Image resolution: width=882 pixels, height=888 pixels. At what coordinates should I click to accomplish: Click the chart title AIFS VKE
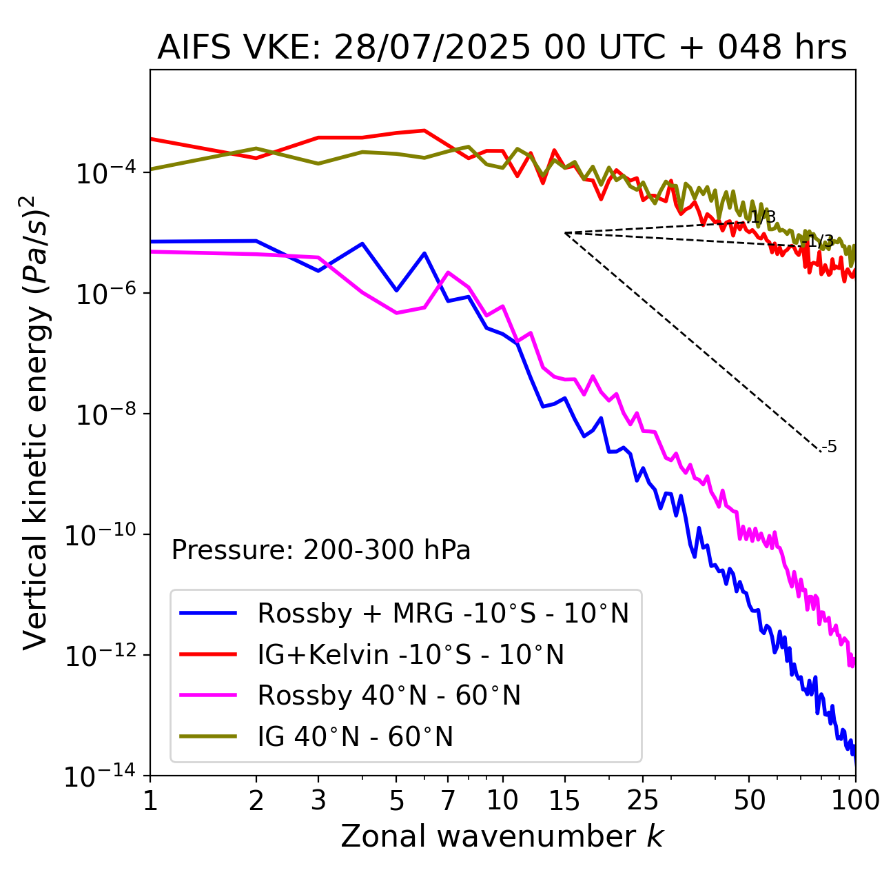pos(502,48)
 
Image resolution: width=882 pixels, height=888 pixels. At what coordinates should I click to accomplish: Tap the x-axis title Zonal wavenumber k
pos(502,836)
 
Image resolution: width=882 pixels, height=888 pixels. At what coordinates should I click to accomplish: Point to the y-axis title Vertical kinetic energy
pos(36,422)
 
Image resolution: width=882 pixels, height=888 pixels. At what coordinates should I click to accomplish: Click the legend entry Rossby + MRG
pos(442,613)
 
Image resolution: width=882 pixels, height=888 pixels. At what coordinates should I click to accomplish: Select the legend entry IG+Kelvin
pos(410,654)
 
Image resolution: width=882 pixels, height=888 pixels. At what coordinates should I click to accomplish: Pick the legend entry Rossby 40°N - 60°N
pos(389,696)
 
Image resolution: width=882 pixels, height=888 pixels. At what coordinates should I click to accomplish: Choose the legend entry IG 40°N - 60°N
pos(355,737)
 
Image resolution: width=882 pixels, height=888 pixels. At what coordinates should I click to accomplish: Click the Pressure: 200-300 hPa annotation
pos(320,550)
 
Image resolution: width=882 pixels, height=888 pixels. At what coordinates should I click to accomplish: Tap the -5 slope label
pos(830,447)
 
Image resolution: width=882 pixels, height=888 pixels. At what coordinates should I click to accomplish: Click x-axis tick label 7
pos(448,800)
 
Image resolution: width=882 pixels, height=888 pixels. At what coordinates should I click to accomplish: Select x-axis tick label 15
pos(565,800)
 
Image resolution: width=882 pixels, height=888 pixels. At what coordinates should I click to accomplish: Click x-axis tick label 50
pos(750,800)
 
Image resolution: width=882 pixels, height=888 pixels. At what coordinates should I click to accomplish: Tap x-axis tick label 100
pos(854,800)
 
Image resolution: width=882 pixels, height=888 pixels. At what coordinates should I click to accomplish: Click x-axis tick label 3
pos(318,800)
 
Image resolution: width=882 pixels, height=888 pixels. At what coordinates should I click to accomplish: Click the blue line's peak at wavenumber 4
pos(362,243)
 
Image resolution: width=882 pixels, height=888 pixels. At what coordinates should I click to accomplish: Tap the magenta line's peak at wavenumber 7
pos(448,272)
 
